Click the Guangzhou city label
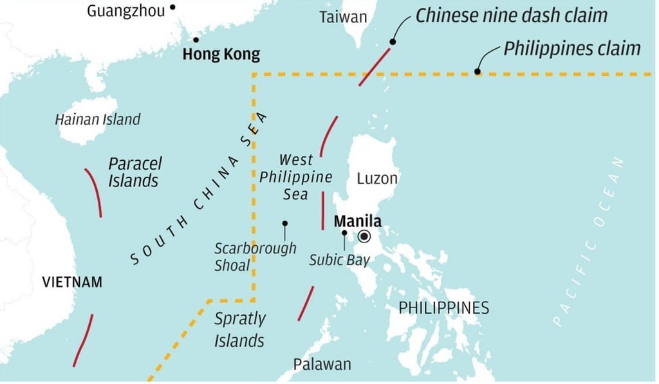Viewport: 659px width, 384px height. pyautogui.click(x=125, y=10)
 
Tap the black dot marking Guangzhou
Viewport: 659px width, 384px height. pyautogui.click(x=172, y=8)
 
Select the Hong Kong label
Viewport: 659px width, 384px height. pyautogui.click(x=221, y=55)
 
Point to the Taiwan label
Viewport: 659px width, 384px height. pyautogui.click(x=343, y=17)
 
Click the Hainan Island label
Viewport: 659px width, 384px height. pyautogui.click(x=97, y=119)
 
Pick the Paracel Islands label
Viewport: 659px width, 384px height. pyautogui.click(x=135, y=172)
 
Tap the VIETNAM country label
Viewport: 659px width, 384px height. pyautogui.click(x=72, y=282)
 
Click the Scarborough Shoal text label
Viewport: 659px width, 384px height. pyautogui.click(x=255, y=256)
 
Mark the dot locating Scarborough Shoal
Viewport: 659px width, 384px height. pyautogui.click(x=284, y=223)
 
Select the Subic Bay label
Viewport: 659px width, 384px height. pyautogui.click(x=339, y=260)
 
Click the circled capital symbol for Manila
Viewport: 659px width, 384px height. pyautogui.click(x=364, y=237)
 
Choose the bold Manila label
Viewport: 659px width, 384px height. pyautogui.click(x=357, y=222)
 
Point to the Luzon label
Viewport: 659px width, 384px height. pyautogui.click(x=377, y=178)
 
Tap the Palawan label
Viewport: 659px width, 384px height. pyautogui.click(x=322, y=364)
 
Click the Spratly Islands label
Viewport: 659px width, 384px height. pyautogui.click(x=239, y=329)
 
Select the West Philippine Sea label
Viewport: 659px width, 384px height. pyautogui.click(x=296, y=176)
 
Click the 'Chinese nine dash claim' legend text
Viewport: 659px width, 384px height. pyautogui.click(x=511, y=15)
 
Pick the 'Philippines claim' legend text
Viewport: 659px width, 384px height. pyautogui.click(x=571, y=48)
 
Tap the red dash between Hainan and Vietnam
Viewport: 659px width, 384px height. pyautogui.click(x=94, y=192)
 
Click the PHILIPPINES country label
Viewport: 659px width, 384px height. pyautogui.click(x=443, y=307)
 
